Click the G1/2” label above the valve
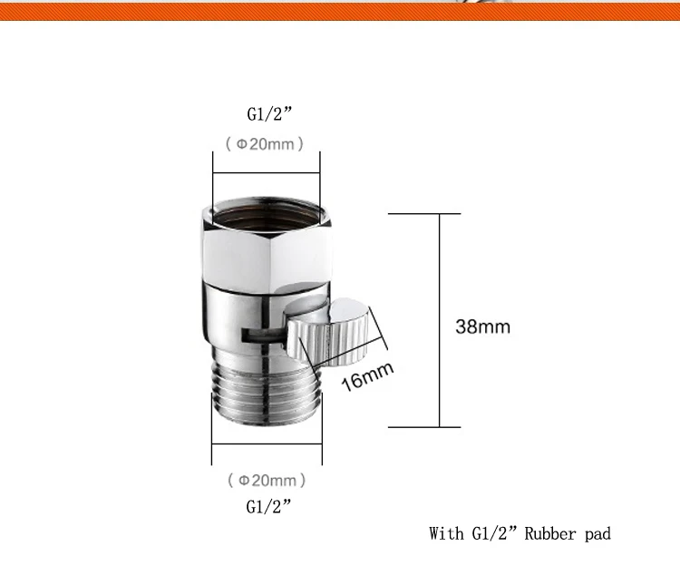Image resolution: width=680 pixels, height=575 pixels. [269, 114]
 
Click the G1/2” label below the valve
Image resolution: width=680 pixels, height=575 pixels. [269, 506]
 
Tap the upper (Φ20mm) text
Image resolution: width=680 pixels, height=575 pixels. [265, 144]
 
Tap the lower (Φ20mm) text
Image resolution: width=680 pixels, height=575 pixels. [267, 481]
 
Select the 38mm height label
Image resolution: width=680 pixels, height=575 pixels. [482, 326]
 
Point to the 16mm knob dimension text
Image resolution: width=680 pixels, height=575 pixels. [367, 376]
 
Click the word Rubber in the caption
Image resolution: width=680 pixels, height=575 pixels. [550, 533]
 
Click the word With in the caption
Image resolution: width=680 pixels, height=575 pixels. [446, 533]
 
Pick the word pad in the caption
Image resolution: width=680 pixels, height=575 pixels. [597, 534]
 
